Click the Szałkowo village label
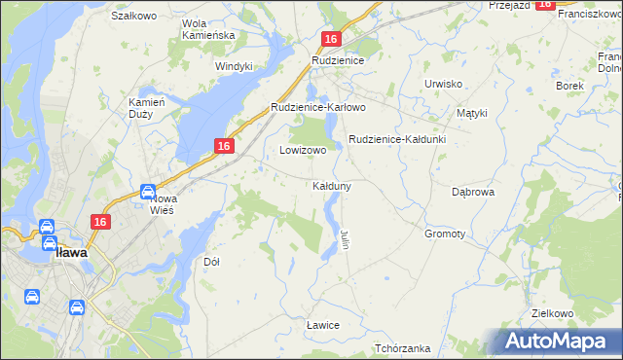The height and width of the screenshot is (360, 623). tap(134, 17)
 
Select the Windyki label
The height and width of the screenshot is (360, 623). tap(234, 66)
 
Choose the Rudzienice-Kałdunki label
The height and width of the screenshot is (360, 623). tap(396, 139)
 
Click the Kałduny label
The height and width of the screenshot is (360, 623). tap(331, 185)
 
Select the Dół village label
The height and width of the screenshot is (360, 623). tap(211, 262)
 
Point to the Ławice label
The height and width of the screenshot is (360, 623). tap(321, 324)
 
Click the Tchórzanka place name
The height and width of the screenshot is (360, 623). tap(402, 348)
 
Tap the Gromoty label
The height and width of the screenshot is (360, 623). tap(445, 234)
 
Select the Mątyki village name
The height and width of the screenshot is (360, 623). tap(472, 113)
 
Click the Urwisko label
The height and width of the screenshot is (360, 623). tap(443, 84)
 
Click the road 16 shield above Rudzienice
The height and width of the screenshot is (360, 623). tap(331, 39)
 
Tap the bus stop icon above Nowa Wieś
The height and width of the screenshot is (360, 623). tap(148, 192)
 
